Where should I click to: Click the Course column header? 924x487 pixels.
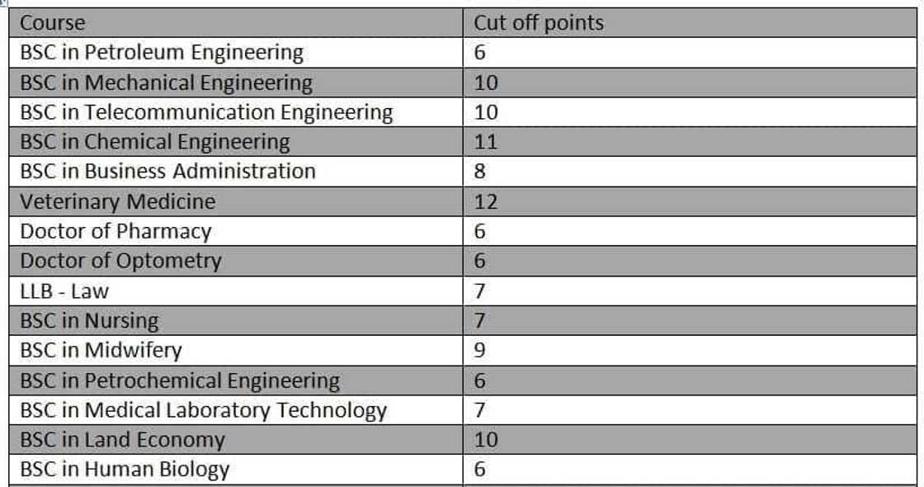[x=52, y=22]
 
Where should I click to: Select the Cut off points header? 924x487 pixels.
[x=538, y=22]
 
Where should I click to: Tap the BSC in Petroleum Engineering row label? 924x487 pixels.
[x=162, y=53]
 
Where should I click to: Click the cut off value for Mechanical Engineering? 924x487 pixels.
[x=486, y=83]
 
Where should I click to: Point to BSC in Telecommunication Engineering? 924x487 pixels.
[x=206, y=112]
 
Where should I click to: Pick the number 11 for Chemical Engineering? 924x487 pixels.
[x=486, y=142]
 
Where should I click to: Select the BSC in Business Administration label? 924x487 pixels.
[x=167, y=172]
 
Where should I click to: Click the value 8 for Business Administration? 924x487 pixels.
[x=480, y=172]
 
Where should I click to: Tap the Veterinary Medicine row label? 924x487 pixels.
[x=117, y=201]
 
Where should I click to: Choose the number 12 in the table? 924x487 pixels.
[x=486, y=201]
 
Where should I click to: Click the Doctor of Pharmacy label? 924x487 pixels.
[x=115, y=231]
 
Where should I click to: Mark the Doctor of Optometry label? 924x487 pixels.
[x=120, y=261]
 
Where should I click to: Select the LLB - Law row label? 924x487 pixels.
[x=64, y=291]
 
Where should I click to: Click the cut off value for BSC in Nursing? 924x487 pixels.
[x=480, y=320]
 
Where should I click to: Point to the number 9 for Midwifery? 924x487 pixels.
[x=480, y=350]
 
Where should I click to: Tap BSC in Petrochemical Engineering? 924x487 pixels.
[x=180, y=381]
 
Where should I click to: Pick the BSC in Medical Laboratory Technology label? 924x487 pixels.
[x=203, y=410]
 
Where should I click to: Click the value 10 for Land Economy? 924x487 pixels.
[x=486, y=440]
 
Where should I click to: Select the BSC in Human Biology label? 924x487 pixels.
[x=125, y=470]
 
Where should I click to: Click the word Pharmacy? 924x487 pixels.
[x=163, y=231]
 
